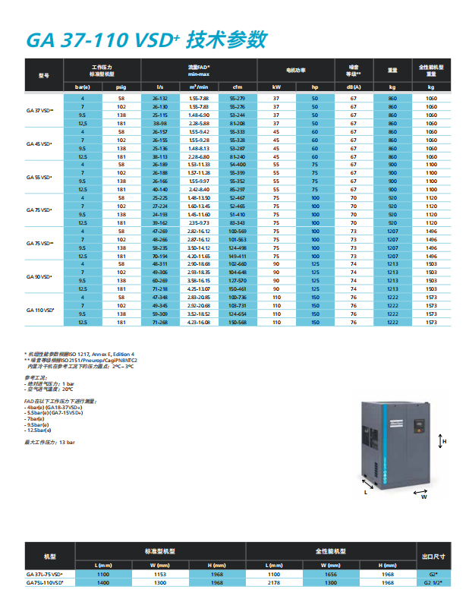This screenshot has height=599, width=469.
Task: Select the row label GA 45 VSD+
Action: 39,143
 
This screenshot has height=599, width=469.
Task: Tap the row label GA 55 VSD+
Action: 39,177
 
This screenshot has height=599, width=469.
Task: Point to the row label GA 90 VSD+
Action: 39,276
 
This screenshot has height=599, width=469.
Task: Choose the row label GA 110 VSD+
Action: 39,310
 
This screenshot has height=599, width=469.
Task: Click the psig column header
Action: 121,87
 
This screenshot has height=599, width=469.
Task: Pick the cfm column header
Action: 237,87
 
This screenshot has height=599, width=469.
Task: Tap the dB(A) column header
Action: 353,87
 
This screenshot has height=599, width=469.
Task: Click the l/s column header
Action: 159,87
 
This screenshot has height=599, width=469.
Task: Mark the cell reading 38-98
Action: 159,123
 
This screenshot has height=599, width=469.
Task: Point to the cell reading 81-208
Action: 237,123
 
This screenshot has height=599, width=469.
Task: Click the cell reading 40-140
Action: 159,189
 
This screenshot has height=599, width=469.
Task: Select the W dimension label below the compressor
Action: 425,499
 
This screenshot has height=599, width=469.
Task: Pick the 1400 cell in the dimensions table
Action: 103,582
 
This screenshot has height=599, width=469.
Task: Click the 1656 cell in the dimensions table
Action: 331,575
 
